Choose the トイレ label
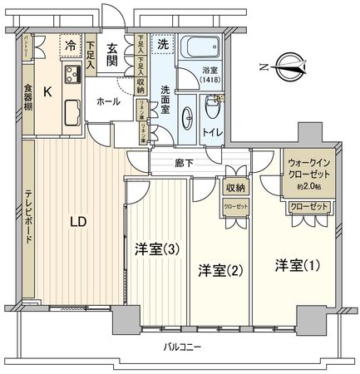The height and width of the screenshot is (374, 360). [214, 130]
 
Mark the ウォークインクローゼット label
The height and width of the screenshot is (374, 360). [309, 170]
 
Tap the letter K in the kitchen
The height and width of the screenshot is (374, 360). [47, 93]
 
